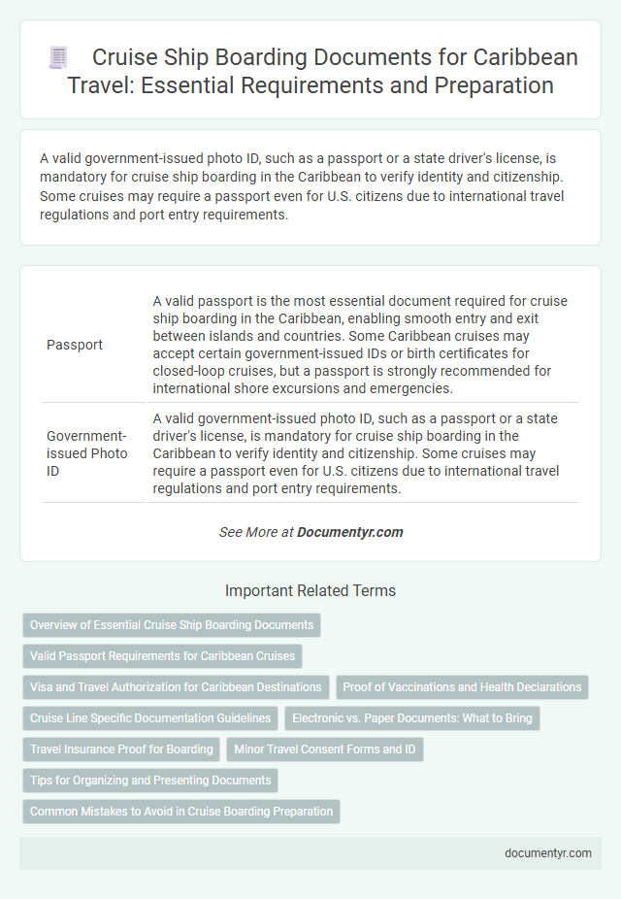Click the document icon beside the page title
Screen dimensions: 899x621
[57, 58]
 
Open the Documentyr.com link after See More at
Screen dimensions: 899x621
[349, 532]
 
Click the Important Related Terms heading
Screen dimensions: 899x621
[310, 590]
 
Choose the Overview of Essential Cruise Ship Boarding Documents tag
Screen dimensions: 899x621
[172, 625]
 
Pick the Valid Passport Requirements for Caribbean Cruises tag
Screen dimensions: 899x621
[162, 656]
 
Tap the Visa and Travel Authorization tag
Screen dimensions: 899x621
[176, 687]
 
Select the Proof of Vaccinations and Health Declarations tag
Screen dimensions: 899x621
[462, 687]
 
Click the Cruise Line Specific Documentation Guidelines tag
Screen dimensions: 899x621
[150, 718]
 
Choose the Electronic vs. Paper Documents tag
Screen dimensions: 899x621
[412, 718]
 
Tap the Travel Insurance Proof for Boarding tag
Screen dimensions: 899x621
[121, 749]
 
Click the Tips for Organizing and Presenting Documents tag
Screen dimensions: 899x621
[150, 781]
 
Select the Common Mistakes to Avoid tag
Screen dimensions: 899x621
[181, 812]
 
